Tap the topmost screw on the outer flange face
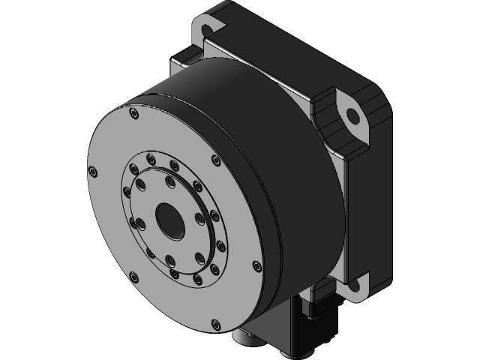coord(133,114)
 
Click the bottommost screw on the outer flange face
coord(217,324)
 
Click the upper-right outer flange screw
coord(216,159)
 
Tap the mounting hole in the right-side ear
coord(350,116)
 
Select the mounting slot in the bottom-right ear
coord(352,284)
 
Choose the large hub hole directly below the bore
coord(172,260)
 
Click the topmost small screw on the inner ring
coord(151,158)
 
